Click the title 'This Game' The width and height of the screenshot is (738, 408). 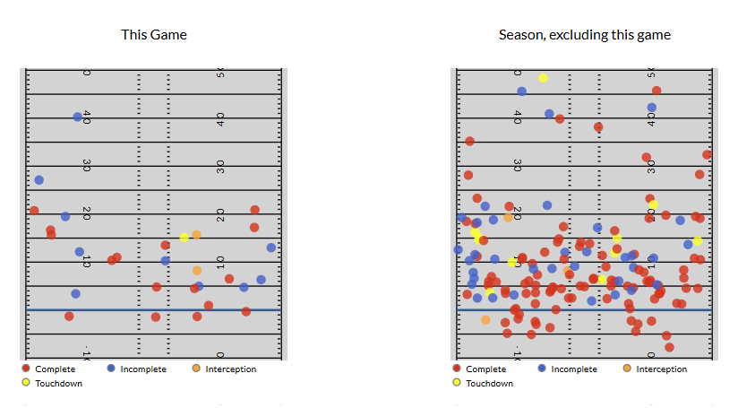tap(154, 35)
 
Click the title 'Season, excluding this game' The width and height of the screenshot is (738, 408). tap(585, 35)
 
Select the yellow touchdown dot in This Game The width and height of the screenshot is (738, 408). tap(184, 238)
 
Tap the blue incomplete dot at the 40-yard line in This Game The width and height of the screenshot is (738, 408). tap(77, 117)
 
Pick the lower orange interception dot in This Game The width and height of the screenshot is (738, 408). tap(197, 270)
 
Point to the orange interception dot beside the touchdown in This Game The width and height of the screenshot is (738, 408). tap(196, 235)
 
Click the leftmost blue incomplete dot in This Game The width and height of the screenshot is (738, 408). tap(39, 180)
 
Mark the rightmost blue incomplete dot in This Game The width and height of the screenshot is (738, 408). tap(270, 247)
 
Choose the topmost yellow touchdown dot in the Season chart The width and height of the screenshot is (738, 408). tap(543, 78)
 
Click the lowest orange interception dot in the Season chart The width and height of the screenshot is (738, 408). tap(485, 319)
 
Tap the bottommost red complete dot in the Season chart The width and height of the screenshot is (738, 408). tap(669, 347)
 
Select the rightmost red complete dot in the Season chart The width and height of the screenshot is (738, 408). tap(707, 155)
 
